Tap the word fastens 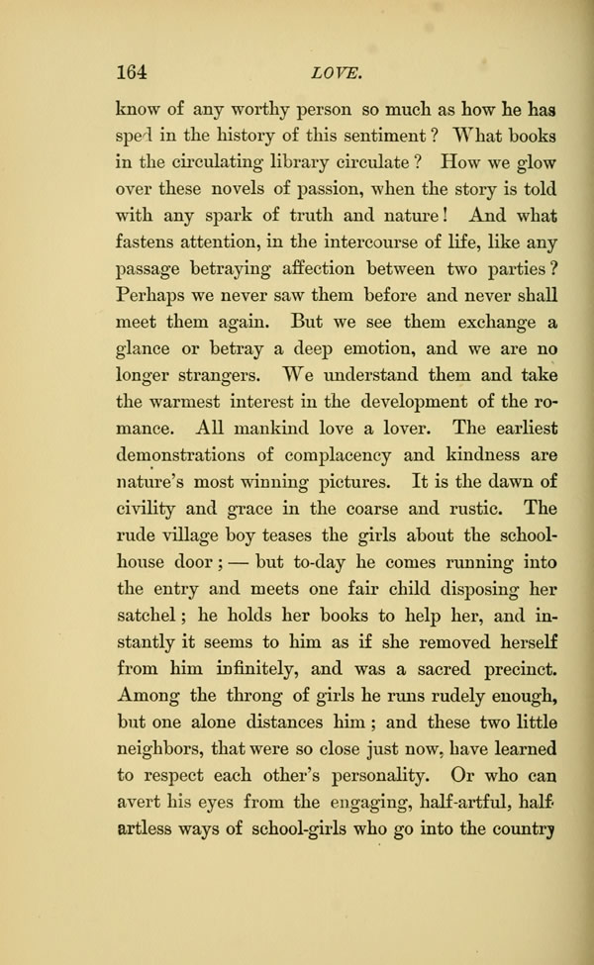(x=148, y=241)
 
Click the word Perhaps (x=151, y=294)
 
